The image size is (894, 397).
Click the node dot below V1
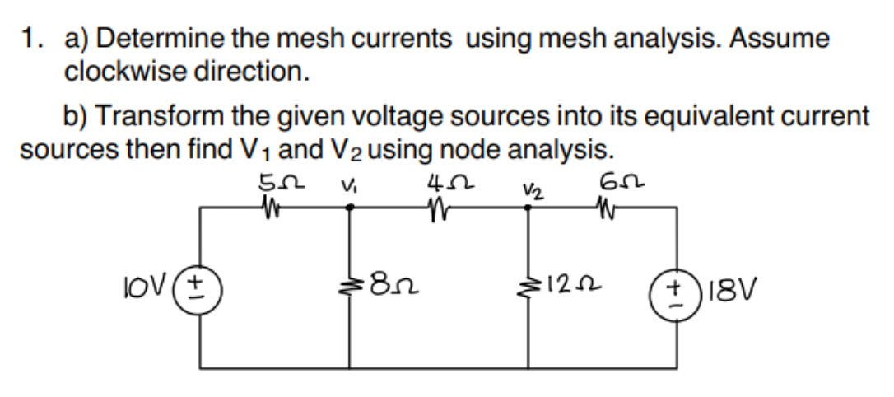[349, 208]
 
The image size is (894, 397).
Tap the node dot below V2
[528, 208]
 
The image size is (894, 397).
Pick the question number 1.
[30, 38]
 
